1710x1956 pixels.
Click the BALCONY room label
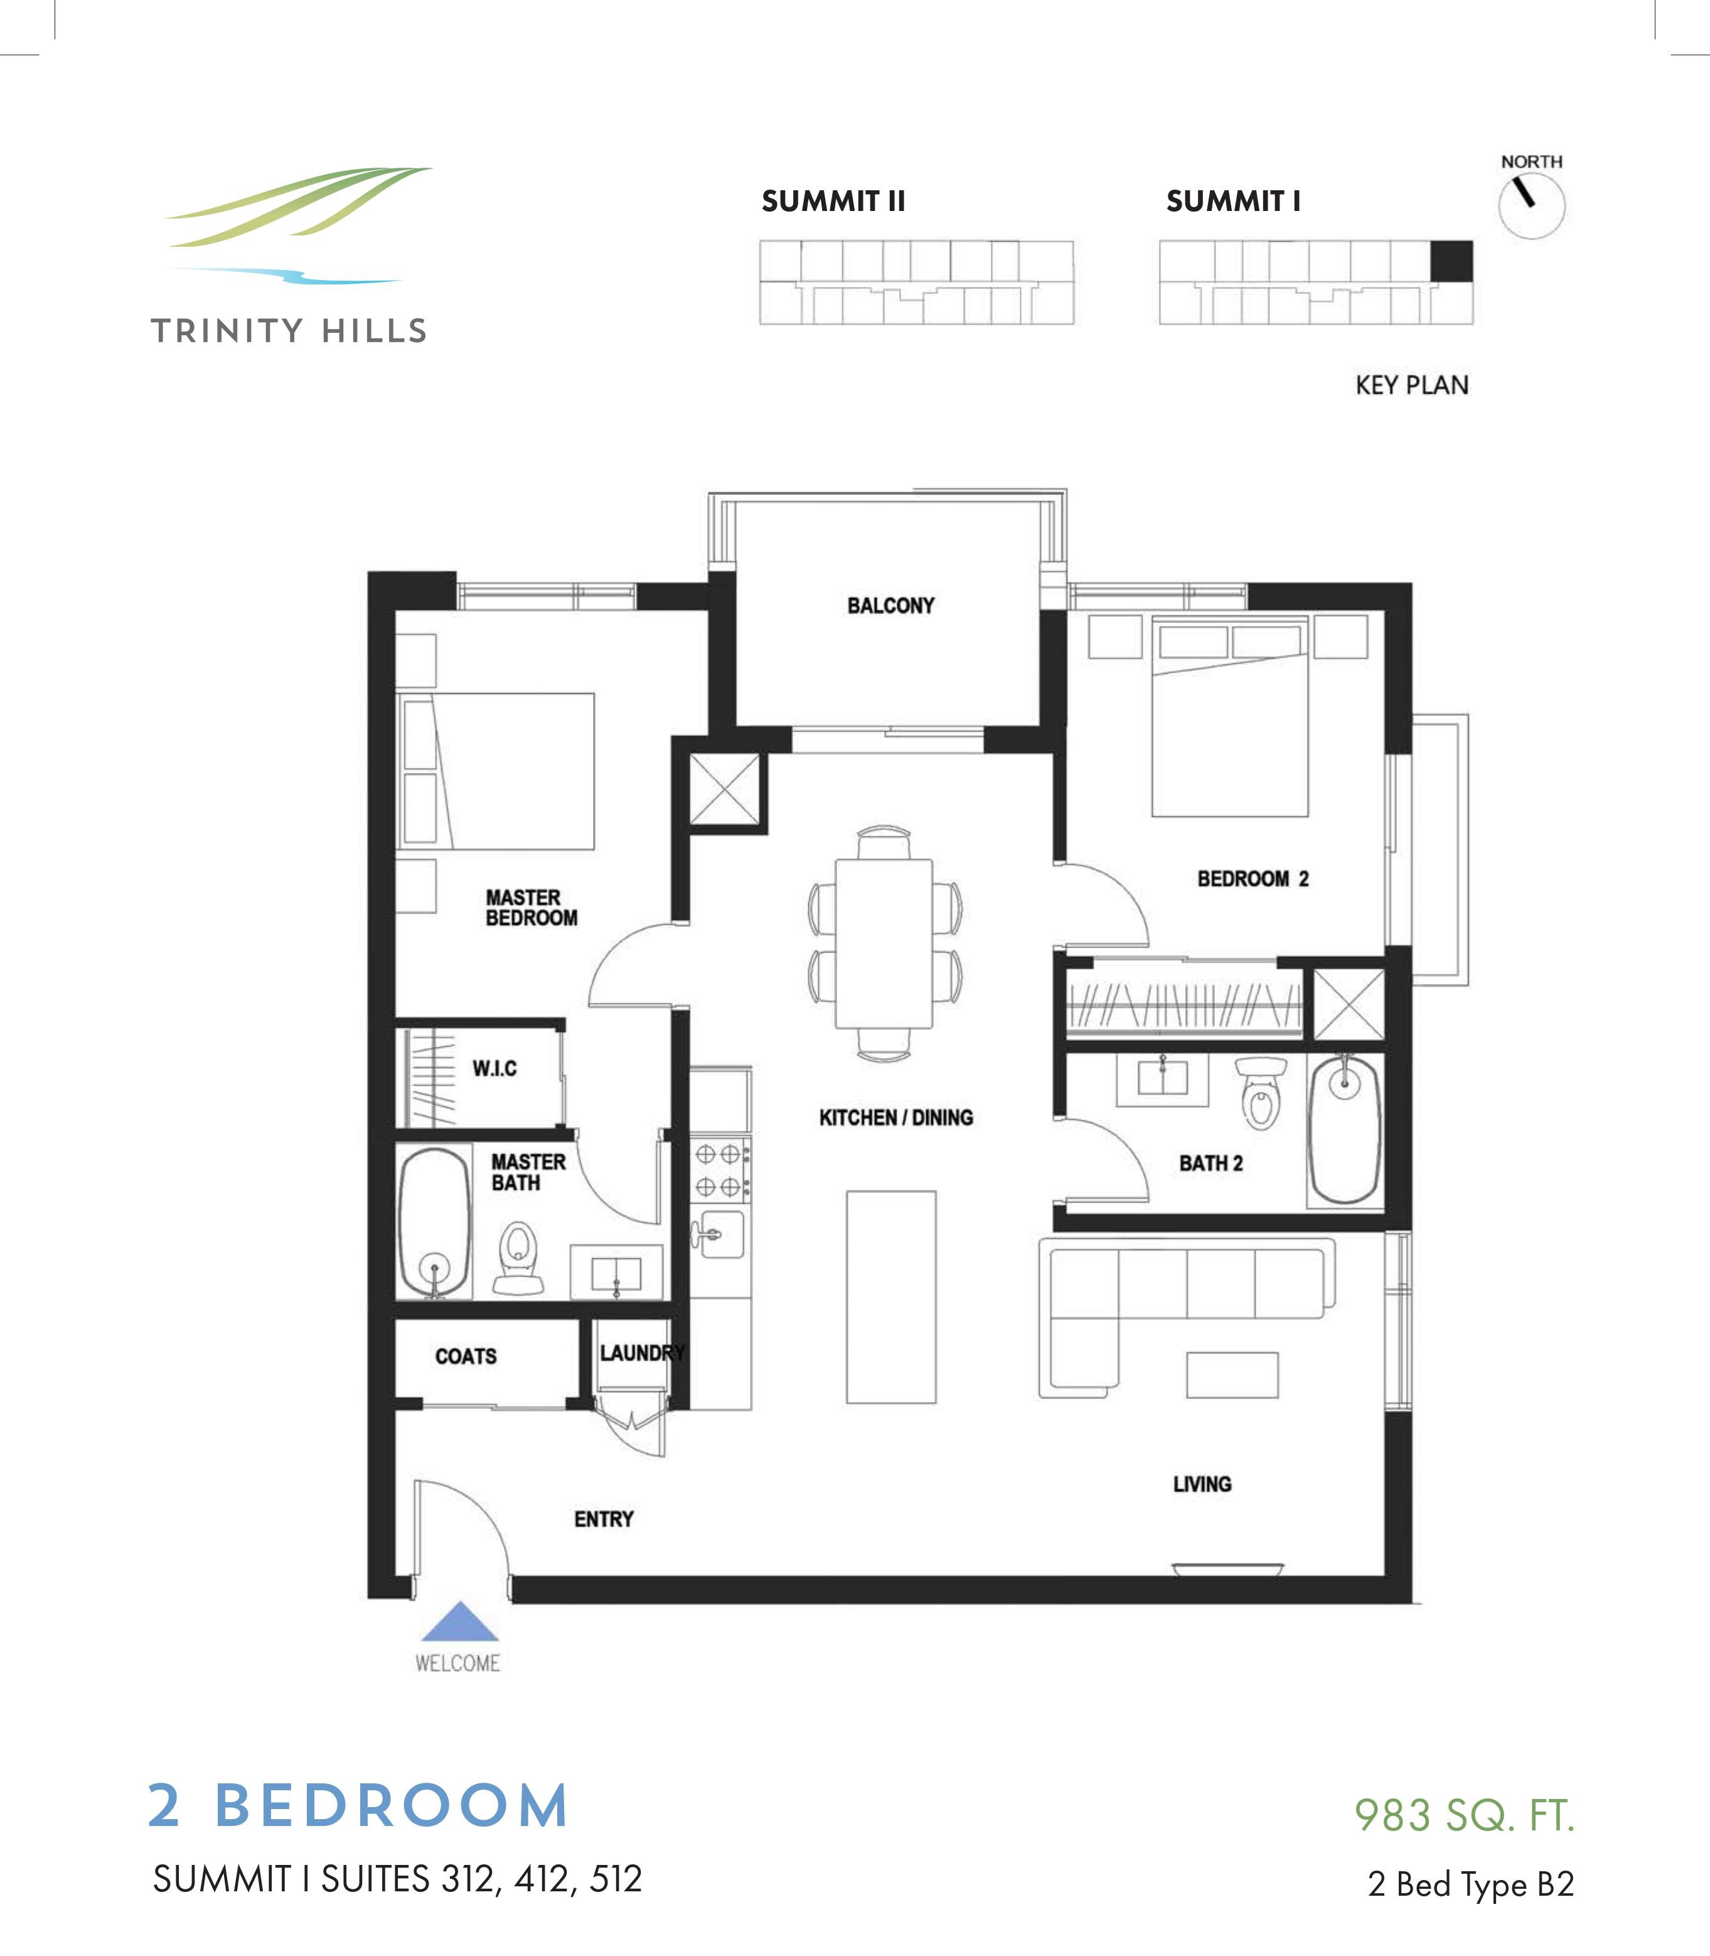pyautogui.click(x=890, y=605)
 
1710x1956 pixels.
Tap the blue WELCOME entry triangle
pyautogui.click(x=458, y=1622)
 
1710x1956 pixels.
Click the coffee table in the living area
pyautogui.click(x=1232, y=1375)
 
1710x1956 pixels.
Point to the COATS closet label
pyautogui.click(x=466, y=1356)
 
